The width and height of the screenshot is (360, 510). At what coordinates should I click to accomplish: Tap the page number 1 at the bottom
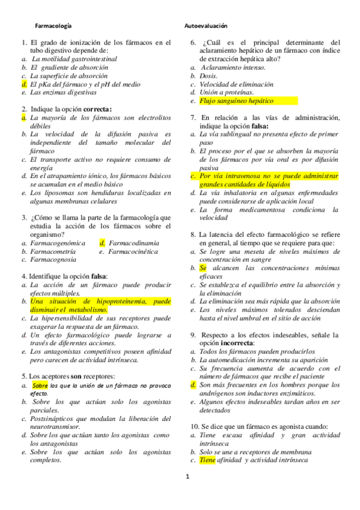(187, 477)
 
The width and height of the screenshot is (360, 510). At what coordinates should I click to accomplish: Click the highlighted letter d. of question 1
(23, 85)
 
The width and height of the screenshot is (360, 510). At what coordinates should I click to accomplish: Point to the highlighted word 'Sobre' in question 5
(40, 385)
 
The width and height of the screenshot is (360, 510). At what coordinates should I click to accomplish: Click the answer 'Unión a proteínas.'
(227, 93)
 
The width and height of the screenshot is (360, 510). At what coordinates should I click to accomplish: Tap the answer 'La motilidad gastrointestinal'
(74, 60)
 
